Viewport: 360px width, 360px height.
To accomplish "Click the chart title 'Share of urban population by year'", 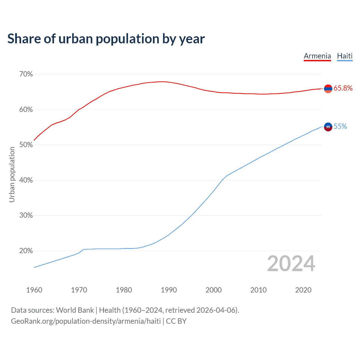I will click(106, 39).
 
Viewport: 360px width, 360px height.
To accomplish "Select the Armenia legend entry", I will click(317, 56).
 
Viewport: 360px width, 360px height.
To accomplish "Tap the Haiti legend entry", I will click(345, 56).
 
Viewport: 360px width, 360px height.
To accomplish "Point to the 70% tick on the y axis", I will click(26, 74).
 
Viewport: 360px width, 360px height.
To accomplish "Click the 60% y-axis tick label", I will click(26, 110).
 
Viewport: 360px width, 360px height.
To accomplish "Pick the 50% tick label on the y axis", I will click(26, 145).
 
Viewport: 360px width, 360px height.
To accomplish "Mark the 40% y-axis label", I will click(26, 180).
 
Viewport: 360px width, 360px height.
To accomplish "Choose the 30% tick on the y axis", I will click(26, 215).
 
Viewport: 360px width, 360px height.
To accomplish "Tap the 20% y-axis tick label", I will click(26, 251).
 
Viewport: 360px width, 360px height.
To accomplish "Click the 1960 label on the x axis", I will click(34, 290).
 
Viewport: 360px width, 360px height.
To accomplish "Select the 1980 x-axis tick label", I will click(124, 290).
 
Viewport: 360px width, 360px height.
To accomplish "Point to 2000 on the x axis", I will click(213, 290).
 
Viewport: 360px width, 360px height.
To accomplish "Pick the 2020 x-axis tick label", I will click(303, 290).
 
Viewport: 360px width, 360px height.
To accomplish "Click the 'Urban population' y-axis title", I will click(12, 174).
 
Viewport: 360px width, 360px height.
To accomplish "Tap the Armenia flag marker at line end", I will click(328, 89).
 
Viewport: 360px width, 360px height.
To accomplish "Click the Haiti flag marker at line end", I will click(328, 127).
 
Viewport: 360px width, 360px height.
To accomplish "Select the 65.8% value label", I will click(343, 88).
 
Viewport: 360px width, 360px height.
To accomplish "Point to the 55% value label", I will click(340, 127).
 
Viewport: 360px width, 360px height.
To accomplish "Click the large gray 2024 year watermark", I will click(291, 264).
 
